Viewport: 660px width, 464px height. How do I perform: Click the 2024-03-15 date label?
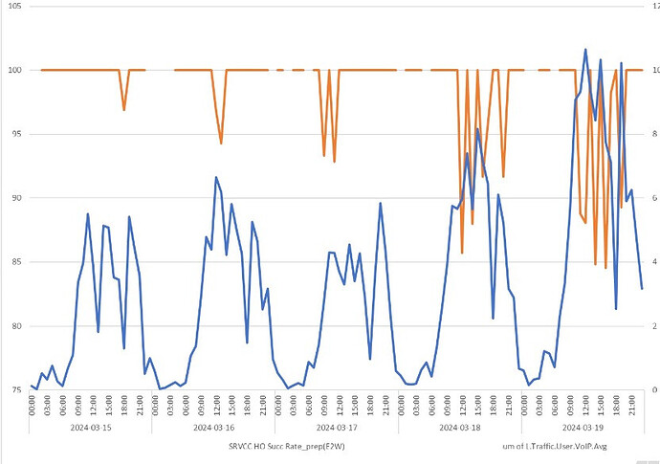tap(91, 428)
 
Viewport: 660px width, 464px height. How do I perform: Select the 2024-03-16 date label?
tap(213, 428)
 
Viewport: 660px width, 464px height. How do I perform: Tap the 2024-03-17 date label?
tap(336, 428)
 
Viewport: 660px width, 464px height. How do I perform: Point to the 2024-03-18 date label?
tap(458, 428)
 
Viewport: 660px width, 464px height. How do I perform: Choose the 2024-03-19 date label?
tap(581, 428)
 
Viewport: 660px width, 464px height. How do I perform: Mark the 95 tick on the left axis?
tap(15, 134)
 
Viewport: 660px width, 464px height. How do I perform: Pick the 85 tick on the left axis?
tap(15, 262)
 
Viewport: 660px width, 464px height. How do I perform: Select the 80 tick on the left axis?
tap(15, 326)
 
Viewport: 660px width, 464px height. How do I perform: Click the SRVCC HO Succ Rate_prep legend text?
tap(287, 447)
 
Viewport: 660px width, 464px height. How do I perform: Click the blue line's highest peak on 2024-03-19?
tap(585, 49)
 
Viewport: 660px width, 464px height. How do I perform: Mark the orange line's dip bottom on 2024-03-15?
tap(123, 110)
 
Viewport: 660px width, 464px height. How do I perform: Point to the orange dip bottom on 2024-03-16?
tap(221, 144)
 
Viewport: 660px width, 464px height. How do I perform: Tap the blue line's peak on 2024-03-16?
tap(216, 177)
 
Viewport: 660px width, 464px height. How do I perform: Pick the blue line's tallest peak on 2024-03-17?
tap(380, 203)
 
